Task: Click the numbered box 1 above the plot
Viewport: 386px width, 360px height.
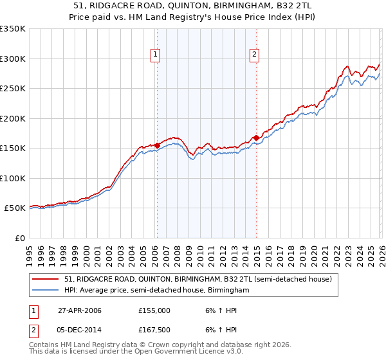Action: tap(156, 55)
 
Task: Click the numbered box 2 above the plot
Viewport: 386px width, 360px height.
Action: tap(255, 55)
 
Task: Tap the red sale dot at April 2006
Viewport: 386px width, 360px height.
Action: tap(157, 145)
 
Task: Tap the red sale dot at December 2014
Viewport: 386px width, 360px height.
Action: tap(256, 138)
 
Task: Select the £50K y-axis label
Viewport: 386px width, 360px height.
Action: tap(15, 208)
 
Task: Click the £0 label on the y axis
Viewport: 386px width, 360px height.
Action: tap(19, 238)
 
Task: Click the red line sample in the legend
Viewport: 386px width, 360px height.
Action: tap(46, 280)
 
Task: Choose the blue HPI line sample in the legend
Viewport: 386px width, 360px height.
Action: tap(46, 291)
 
